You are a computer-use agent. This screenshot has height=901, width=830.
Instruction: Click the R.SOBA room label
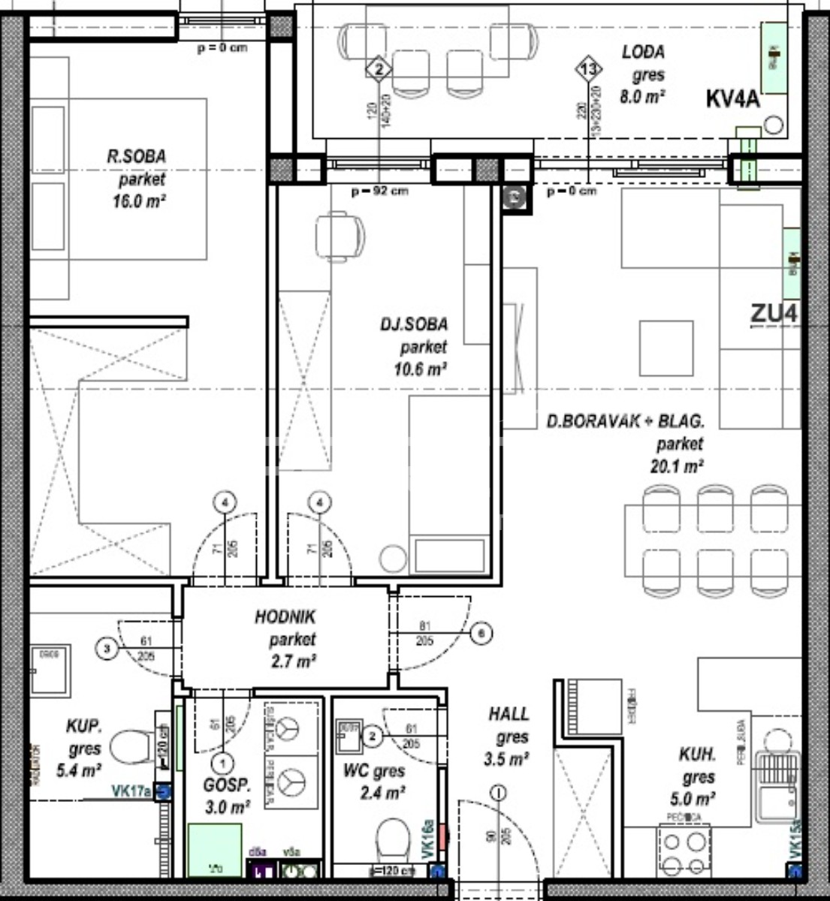(x=136, y=157)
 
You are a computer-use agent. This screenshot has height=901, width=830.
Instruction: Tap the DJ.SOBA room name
(x=413, y=324)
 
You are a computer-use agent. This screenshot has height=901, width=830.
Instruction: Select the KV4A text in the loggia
(x=732, y=98)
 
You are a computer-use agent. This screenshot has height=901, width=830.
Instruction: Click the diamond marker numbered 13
(x=589, y=70)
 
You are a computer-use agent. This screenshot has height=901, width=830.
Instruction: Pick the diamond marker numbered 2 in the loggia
(x=379, y=70)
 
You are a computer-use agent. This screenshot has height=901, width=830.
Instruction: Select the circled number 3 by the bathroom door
(x=108, y=648)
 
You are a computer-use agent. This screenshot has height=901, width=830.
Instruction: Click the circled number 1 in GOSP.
(x=222, y=764)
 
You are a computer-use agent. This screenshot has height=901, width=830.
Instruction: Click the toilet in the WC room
(x=392, y=839)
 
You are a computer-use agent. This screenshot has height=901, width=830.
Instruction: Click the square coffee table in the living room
(x=666, y=348)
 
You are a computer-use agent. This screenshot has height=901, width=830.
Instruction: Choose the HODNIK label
(x=285, y=617)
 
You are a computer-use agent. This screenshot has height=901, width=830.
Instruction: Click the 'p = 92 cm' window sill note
(x=380, y=191)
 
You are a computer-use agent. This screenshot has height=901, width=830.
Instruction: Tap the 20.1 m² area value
(x=676, y=466)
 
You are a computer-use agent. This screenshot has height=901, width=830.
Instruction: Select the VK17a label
(x=131, y=791)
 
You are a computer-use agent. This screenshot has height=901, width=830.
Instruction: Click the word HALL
(x=509, y=714)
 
